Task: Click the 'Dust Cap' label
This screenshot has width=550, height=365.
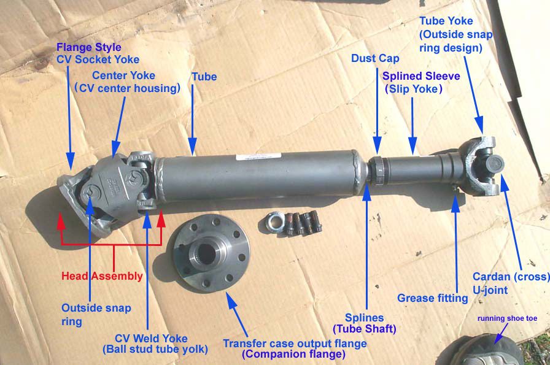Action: (x=375, y=59)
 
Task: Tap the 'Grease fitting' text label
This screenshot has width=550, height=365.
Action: (x=433, y=298)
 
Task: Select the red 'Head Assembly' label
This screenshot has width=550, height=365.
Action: (x=103, y=276)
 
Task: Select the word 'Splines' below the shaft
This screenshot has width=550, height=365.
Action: (x=364, y=318)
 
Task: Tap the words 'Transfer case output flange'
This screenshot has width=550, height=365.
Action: (x=295, y=343)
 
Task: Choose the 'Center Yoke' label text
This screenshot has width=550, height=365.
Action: (x=123, y=75)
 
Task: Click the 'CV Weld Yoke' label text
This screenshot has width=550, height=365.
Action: (x=151, y=338)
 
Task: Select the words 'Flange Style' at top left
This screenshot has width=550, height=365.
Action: (x=89, y=47)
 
